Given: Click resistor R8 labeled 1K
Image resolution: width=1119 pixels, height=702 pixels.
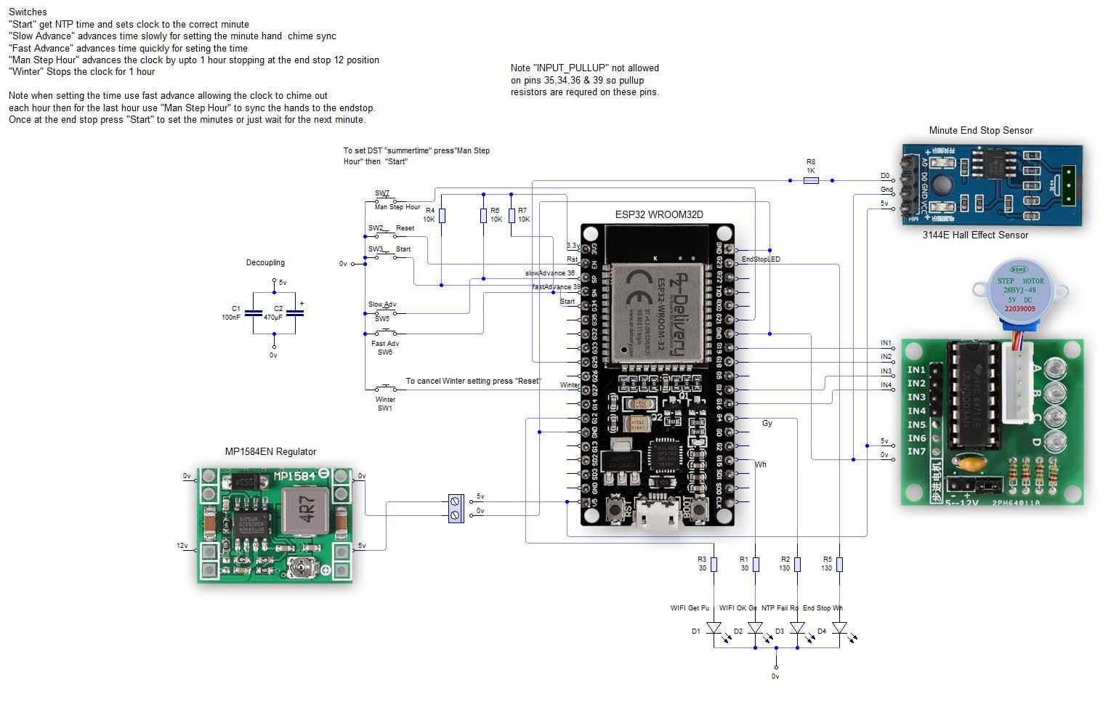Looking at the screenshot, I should point(811,180).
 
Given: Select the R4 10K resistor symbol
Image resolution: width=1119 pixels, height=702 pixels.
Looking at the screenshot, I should point(442,216).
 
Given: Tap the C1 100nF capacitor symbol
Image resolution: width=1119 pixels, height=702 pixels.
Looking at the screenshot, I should point(253,313).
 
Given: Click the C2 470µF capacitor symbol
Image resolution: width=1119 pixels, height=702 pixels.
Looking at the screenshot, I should point(295,313).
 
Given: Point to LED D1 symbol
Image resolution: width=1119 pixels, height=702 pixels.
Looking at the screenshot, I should point(714,627).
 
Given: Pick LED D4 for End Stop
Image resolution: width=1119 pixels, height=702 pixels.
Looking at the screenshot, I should point(839,627).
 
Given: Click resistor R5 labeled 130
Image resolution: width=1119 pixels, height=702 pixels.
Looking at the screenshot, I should point(839,564).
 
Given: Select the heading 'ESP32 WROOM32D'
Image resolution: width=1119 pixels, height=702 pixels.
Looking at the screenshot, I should point(658,214).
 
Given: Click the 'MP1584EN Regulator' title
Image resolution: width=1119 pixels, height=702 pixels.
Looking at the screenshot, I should point(270,451).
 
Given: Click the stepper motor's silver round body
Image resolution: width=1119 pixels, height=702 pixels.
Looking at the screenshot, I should point(1020,289).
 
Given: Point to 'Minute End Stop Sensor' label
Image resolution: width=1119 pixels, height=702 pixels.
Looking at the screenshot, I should point(980,131).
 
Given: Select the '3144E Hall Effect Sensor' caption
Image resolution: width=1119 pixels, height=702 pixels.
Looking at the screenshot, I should point(975,235).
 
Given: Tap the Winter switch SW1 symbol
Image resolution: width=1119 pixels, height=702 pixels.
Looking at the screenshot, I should point(385,388).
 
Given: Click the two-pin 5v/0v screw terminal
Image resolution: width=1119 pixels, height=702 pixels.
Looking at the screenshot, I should point(456,508).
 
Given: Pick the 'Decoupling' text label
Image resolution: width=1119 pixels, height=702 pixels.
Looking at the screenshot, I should point(265,262).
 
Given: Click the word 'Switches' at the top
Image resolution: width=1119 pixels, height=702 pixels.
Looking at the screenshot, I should point(28,12).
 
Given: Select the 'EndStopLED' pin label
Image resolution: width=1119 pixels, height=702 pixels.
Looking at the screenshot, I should point(761,259).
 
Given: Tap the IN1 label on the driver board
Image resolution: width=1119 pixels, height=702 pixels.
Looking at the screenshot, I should point(916,370).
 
